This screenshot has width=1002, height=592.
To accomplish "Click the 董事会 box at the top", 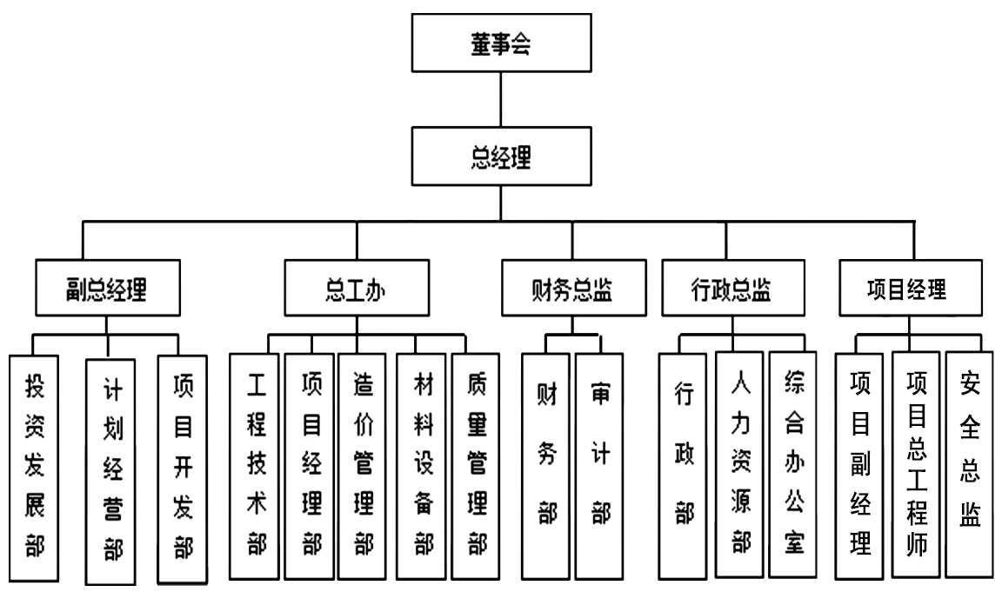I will (499, 44).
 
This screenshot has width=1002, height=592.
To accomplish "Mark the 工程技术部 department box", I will (255, 466).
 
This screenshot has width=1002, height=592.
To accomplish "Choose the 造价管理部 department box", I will (363, 466).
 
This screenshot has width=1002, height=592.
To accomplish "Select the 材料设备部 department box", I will (422, 466).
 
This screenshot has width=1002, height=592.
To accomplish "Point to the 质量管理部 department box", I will (477, 466).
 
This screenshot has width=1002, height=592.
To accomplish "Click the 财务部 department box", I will (546, 466).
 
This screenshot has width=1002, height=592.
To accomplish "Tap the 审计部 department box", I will (600, 466).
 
